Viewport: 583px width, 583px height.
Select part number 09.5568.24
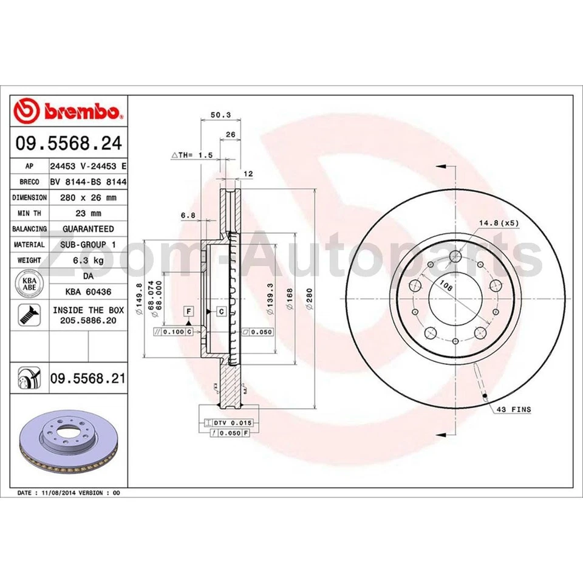[x=69, y=144]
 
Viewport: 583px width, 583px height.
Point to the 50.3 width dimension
[x=216, y=114]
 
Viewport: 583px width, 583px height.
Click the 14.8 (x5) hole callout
[x=499, y=223]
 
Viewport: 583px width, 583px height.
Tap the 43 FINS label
[x=513, y=410]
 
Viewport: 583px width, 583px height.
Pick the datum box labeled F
[x=189, y=311]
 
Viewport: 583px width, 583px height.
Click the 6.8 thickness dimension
[x=188, y=215]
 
